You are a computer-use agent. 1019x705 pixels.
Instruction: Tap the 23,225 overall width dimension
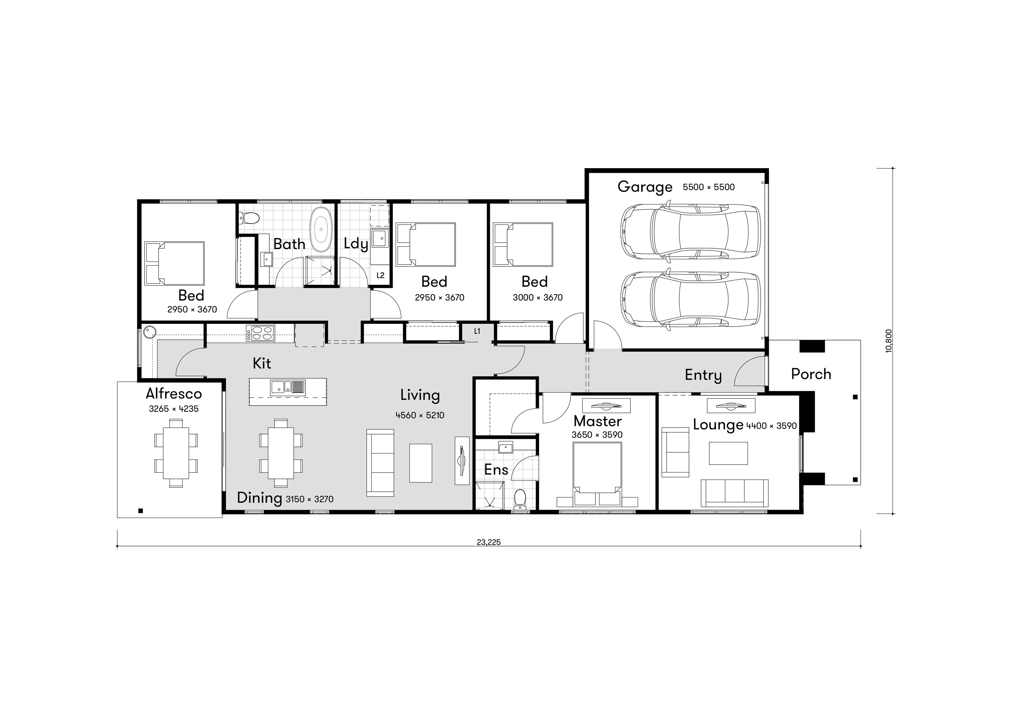pos(488,542)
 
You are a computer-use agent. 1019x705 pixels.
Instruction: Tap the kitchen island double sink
pos(288,387)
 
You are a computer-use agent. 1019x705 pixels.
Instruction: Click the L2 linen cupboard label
pos(380,275)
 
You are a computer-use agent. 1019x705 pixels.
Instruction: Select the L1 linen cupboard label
pos(477,331)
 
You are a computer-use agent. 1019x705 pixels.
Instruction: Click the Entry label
pos(703,375)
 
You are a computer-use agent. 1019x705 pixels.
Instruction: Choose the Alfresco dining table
pos(176,453)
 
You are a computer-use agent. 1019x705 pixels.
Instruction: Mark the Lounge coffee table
pos(728,453)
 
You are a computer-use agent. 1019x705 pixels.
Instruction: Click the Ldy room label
pos(356,244)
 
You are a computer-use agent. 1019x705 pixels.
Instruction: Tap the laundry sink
pos(379,239)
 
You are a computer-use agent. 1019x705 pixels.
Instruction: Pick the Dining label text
pos(259,498)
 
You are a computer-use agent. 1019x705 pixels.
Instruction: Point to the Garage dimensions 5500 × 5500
pos(709,187)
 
